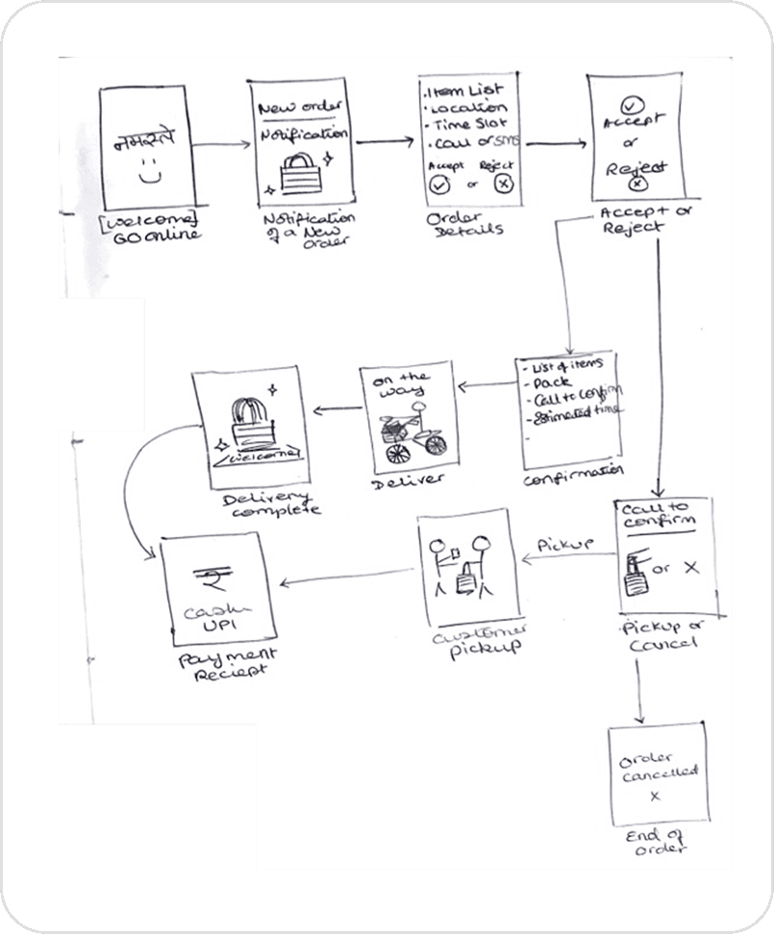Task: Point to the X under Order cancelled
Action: coord(655,797)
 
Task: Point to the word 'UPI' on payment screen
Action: coord(209,625)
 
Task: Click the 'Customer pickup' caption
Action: coord(467,637)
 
